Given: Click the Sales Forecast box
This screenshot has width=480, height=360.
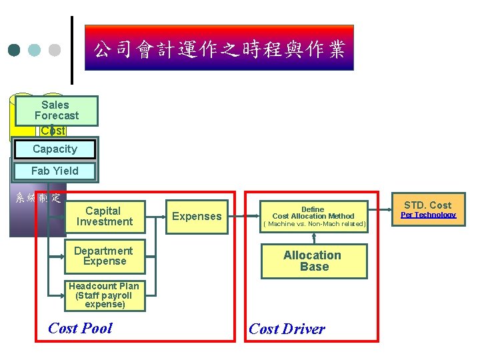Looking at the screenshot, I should (56, 111).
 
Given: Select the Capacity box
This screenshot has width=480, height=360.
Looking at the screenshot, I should (54, 149).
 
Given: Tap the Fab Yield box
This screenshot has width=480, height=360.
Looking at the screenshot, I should (54, 171).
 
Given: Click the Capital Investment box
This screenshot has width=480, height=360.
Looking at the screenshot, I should (104, 216).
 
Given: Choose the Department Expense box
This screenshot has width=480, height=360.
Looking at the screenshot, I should (103, 256).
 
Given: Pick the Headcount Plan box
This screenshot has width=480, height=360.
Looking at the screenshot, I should (103, 295).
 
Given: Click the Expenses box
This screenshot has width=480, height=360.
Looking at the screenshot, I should (197, 216).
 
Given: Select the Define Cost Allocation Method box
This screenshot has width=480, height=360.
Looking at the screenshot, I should (313, 213).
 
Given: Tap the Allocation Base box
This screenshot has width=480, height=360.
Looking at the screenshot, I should (313, 261).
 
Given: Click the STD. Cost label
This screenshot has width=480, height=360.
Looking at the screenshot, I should (427, 205).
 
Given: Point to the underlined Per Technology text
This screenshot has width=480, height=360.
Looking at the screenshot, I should (428, 215).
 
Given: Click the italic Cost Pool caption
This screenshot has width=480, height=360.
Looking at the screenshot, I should (80, 328).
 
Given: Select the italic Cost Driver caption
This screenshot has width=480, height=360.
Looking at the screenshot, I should (287, 329).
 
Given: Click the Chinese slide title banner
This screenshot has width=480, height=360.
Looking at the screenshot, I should (219, 48).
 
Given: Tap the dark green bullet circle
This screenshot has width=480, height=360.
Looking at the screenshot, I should (15, 50).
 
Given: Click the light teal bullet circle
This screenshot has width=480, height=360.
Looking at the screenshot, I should (35, 50).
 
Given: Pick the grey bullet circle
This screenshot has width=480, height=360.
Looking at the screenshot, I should (55, 50).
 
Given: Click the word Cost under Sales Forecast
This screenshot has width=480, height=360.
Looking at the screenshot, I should (53, 131).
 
